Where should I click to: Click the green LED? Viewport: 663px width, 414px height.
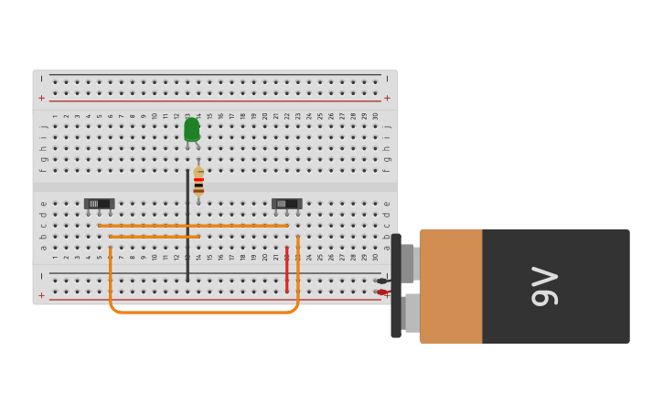coord(191,130)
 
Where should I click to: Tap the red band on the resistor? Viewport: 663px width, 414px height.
coord(198,180)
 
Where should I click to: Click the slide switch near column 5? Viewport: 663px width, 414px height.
coord(99,204)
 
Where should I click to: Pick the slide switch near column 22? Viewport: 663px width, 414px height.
coord(286,204)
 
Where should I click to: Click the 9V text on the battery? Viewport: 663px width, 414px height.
coord(545,286)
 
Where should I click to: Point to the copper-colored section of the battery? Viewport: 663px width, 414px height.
coord(451,286)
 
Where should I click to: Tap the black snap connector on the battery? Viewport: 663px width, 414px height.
coord(397,286)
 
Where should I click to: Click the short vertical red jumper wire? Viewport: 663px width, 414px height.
coord(286,270)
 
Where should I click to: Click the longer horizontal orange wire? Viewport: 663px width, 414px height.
coord(193,226)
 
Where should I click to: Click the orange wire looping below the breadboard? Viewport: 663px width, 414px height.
coord(203,312)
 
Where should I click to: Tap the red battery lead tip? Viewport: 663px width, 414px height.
coord(381,292)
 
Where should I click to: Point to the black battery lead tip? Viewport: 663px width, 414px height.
coord(381,281)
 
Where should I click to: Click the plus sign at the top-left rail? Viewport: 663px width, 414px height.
coord(41,98)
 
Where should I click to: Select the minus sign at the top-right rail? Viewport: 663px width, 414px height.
coord(387,79)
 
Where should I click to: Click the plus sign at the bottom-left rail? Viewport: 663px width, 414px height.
coord(41,295)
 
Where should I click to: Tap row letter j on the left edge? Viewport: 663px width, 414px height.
coord(42,127)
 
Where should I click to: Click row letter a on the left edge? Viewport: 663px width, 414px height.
coord(42,247)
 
